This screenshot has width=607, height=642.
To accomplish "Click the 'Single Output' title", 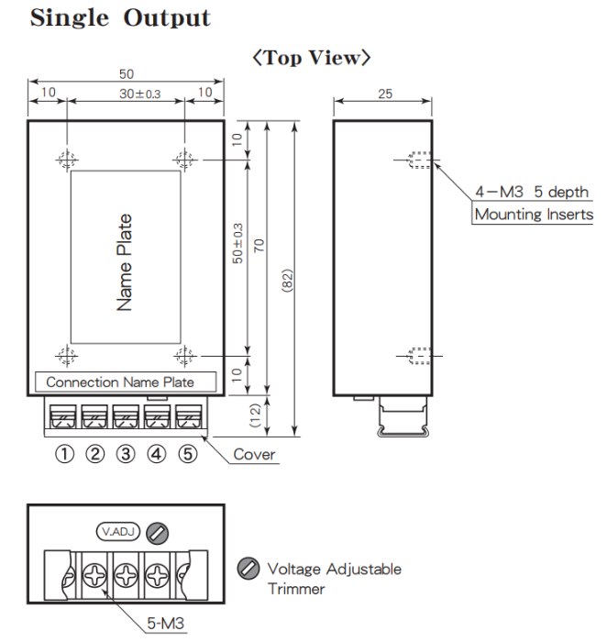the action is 120,18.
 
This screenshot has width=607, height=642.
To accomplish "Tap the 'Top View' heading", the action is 312,58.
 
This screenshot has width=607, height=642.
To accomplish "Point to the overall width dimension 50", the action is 127,74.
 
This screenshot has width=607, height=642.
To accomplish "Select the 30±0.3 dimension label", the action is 140,94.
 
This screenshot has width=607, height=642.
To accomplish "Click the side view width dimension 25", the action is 385,94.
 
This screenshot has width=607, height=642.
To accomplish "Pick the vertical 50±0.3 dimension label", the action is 237,243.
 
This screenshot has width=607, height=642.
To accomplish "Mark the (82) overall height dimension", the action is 287,281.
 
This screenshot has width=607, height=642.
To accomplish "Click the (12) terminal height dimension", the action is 255,415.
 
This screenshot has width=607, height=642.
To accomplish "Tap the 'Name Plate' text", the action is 125,262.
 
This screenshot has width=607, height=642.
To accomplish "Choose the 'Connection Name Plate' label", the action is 120,382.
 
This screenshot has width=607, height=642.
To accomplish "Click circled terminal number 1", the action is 65,454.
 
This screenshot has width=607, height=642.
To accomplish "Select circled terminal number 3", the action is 126,454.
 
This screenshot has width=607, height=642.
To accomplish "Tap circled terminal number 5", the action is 187,454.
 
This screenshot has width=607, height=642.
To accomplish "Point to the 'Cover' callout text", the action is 254,455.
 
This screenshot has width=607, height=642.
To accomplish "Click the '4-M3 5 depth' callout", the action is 532,192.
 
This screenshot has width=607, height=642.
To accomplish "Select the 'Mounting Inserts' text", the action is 534,214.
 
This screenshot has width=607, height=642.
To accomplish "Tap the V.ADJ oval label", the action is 118,531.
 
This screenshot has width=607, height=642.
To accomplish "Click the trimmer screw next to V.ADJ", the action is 157,533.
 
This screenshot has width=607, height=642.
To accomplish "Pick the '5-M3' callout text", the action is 165,623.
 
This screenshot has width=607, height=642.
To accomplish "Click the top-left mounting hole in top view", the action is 67,160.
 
